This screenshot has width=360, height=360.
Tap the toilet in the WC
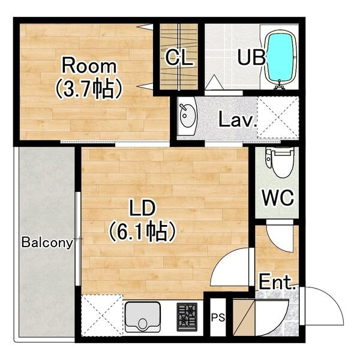tap(280, 162)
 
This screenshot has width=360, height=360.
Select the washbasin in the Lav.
tap(187, 116)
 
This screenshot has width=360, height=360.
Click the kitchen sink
tap(143, 317)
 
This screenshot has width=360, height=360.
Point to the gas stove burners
tap(187, 317)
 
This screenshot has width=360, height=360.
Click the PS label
tap(218, 318)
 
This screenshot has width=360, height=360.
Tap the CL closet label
tap(179, 58)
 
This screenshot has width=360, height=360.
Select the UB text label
tap(251, 57)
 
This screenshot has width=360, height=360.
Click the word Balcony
tap(47, 242)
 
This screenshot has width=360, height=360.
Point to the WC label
tap(278, 197)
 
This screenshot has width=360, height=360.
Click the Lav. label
tap(237, 119)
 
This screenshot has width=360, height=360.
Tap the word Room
tap(89, 66)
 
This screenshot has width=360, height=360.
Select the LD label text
tap(143, 208)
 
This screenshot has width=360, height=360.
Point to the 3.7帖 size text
tap(88, 89)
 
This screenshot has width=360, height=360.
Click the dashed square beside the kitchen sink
tap(102, 316)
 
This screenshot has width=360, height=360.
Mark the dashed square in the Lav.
tap(278, 118)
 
